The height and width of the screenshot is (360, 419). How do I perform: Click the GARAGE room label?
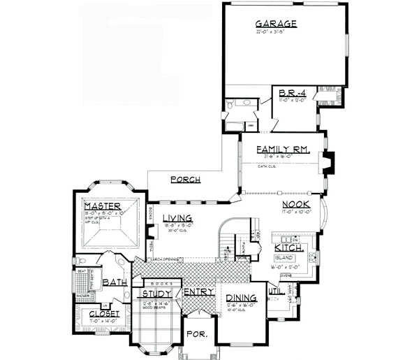(277, 24)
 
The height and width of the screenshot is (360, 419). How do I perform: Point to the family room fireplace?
(330, 162)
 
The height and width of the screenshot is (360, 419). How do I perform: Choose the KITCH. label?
(288, 248)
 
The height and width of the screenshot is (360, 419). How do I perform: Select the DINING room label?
(242, 299)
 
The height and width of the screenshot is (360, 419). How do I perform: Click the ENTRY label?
(198, 291)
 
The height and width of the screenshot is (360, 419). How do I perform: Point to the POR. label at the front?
(199, 335)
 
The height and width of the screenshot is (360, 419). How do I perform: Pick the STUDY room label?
(159, 294)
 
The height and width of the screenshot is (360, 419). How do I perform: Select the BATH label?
(114, 283)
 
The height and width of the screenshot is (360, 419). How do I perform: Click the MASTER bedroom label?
(103, 207)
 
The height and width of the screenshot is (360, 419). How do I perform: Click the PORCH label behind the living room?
(185, 180)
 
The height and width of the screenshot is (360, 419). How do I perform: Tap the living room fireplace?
(149, 231)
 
